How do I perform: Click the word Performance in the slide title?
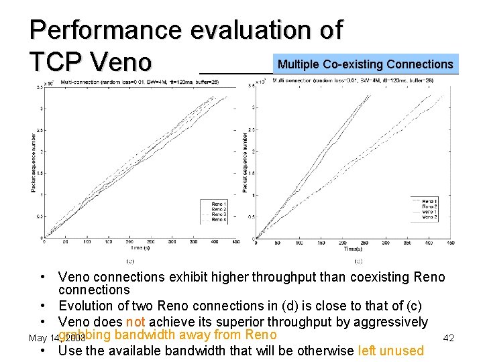point(106,30)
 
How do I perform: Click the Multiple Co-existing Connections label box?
point(366,64)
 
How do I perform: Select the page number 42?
point(448,338)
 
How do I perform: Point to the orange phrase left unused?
point(391,351)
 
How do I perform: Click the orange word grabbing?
point(84,335)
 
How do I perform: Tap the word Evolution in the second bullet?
point(89,306)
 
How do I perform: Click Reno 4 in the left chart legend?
point(219,220)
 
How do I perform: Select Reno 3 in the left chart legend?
point(219,215)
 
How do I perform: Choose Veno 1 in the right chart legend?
point(429,211)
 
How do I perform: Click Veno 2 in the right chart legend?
point(429,217)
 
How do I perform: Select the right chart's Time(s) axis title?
point(353,249)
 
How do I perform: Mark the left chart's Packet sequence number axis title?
point(34,162)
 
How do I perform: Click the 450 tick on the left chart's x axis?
point(235,241)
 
